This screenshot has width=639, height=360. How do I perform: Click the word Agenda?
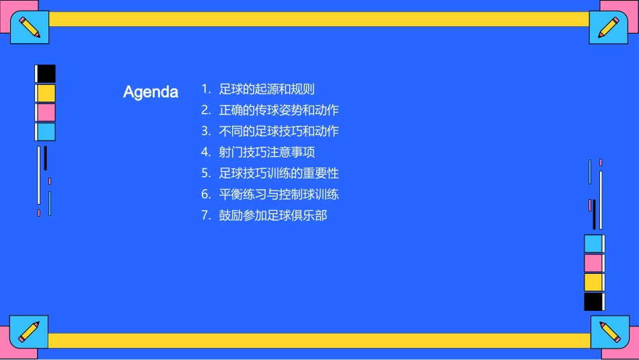click(x=151, y=92)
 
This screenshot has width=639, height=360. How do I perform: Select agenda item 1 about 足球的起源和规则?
click(x=266, y=89)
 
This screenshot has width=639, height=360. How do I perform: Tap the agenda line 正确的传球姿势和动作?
click(x=278, y=110)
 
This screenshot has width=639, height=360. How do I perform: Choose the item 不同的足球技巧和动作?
click(x=278, y=131)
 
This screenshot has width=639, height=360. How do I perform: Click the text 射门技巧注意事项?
click(x=266, y=152)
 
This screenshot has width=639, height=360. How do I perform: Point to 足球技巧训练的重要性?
click(x=278, y=174)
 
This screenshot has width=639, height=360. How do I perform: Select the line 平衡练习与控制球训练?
click(x=278, y=194)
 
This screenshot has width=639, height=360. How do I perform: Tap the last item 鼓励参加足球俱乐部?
click(x=272, y=216)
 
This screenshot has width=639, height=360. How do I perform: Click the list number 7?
click(x=206, y=216)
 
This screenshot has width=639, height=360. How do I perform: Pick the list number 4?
click(x=206, y=152)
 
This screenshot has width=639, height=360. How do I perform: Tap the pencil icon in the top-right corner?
click(x=609, y=28)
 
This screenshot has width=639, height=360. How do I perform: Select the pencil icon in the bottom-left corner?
click(x=29, y=332)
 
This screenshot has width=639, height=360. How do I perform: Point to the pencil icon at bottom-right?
click(x=610, y=332)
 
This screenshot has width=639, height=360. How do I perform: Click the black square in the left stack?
click(x=46, y=73)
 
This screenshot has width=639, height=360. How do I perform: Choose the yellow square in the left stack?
click(x=46, y=93)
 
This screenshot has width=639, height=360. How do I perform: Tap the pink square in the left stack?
click(x=46, y=112)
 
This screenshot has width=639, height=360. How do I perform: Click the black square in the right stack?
click(x=593, y=301)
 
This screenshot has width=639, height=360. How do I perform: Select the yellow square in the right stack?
click(x=593, y=282)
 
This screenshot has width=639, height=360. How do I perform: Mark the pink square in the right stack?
click(x=593, y=262)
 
